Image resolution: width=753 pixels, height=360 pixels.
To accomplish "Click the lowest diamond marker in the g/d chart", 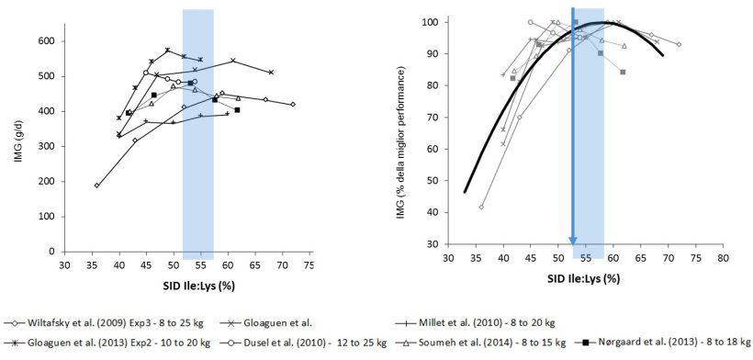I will [x=96, y=185].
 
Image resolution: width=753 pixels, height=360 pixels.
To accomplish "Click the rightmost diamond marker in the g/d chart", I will [x=293, y=105].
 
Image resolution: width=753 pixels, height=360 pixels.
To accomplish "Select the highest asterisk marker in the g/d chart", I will [x=167, y=50].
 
